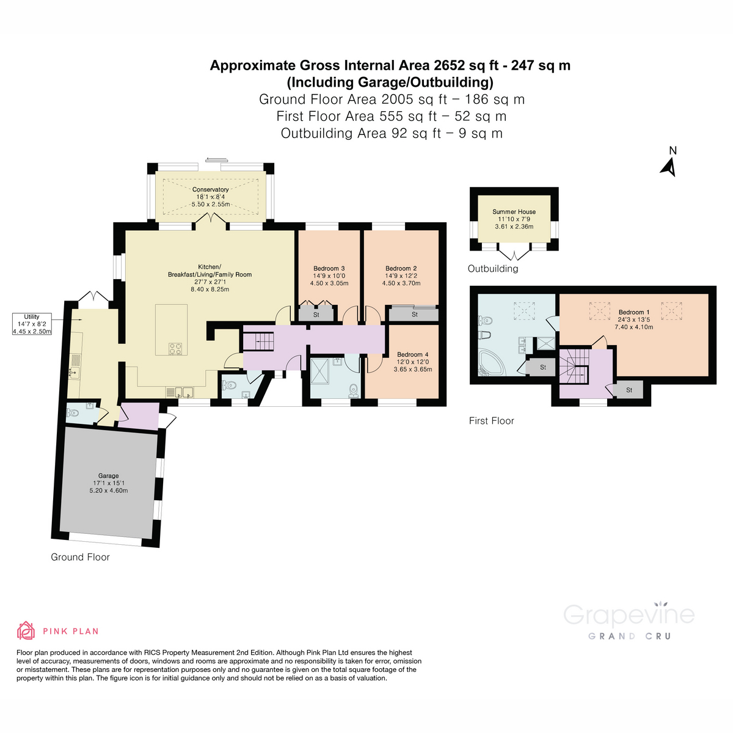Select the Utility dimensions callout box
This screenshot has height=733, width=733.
tap(32, 324)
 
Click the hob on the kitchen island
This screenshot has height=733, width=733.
tap(175, 348)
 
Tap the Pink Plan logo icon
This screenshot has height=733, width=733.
tap(26, 630)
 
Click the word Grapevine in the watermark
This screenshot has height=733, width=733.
tap(629, 614)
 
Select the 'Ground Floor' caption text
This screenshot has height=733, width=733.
tap(80, 557)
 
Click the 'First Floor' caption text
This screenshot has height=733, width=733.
tap(491, 421)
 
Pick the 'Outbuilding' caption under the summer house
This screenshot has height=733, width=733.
tap(492, 269)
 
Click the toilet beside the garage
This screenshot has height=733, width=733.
tap(73, 413)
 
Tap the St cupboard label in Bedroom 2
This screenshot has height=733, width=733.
tap(414, 315)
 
